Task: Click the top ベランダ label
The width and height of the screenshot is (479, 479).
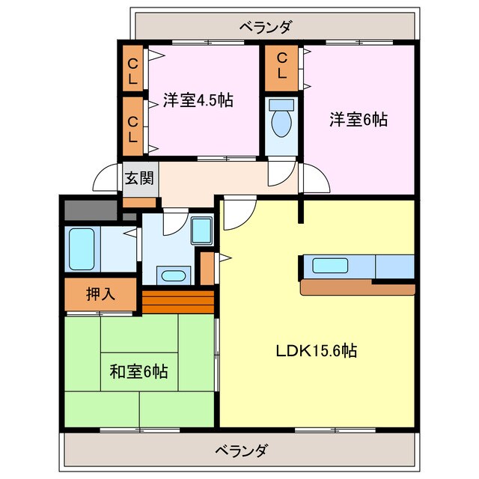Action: pyautogui.click(x=266, y=27)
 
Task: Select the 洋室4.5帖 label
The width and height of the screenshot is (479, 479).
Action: pyautogui.click(x=197, y=100)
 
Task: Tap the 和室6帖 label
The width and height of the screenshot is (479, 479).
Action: pyautogui.click(x=138, y=370)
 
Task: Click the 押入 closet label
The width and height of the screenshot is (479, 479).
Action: pyautogui.click(x=100, y=294)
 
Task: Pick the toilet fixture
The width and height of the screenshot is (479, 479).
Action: pyautogui.click(x=281, y=118)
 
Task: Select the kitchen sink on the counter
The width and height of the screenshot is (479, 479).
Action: pyautogui.click(x=330, y=266)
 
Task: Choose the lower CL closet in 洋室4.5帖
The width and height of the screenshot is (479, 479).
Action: pyautogui.click(x=132, y=129)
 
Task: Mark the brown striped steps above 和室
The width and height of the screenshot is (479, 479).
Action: pyautogui.click(x=177, y=302)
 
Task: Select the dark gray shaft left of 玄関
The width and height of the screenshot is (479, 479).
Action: pyautogui.click(x=90, y=209)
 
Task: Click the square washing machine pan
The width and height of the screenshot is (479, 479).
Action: pyautogui.click(x=202, y=230)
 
